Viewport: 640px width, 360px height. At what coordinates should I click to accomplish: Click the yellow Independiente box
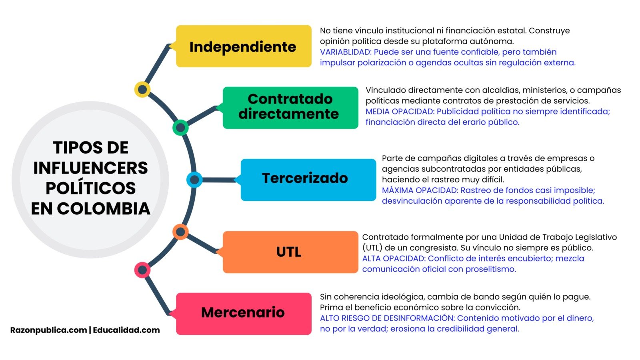tap(243, 46)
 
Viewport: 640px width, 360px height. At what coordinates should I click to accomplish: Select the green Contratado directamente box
tap(290, 107)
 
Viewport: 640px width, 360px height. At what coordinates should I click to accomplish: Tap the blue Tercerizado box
tap(308, 180)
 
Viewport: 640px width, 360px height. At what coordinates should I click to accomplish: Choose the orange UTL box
tap(290, 252)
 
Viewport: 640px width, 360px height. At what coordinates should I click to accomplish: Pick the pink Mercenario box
tap(243, 313)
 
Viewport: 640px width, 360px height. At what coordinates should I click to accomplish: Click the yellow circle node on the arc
tap(142, 89)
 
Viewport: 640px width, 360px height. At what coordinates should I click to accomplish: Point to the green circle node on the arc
tap(180, 128)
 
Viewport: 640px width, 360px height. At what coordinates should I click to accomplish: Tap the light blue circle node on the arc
tap(194, 180)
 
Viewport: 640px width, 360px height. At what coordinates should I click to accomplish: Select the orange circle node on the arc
tap(180, 232)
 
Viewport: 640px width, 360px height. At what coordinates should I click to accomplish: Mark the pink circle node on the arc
tap(142, 270)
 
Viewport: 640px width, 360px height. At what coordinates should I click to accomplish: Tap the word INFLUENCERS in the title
tap(90, 168)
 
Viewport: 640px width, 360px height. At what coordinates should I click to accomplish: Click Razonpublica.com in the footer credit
tap(48, 330)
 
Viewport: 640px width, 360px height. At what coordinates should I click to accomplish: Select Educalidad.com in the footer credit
tap(126, 330)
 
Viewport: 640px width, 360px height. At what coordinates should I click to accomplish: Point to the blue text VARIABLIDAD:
tap(346, 52)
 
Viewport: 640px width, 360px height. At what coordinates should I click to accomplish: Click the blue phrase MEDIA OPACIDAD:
tap(400, 112)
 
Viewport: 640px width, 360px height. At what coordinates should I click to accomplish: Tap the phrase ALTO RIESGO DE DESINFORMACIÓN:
tap(387, 318)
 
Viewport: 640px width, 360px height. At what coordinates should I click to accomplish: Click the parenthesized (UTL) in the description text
tap(372, 248)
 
